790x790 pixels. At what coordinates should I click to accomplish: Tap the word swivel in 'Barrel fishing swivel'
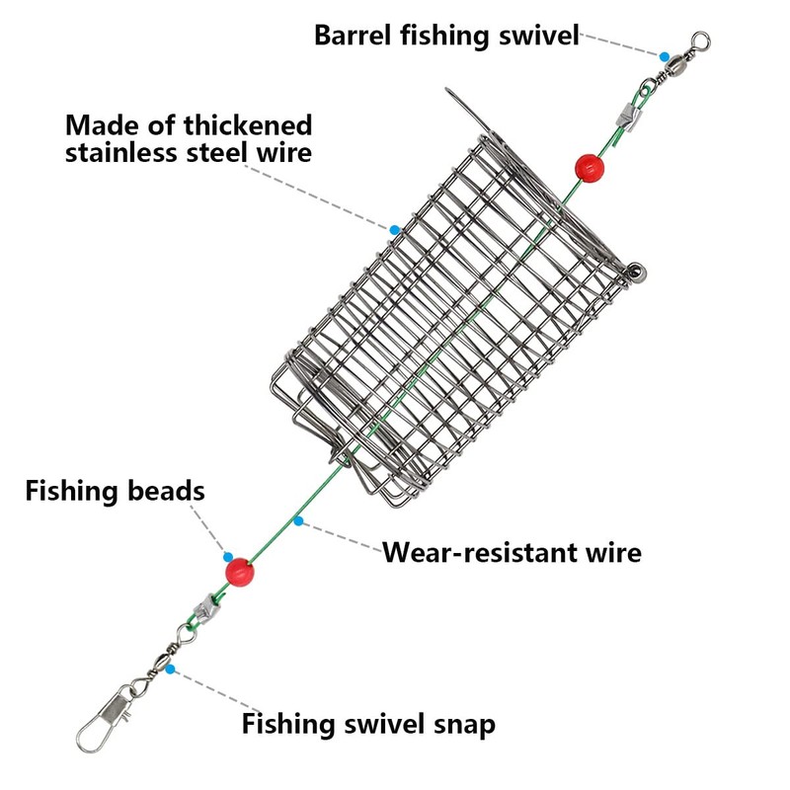(538, 36)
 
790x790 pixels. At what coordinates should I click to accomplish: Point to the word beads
(166, 490)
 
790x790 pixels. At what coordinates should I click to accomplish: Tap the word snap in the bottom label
(464, 724)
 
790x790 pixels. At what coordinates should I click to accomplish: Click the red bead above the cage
(590, 168)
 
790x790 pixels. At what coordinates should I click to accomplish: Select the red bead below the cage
(239, 573)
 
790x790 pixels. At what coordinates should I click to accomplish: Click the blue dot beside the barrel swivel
(665, 56)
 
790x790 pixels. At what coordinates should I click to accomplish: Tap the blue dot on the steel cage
(394, 230)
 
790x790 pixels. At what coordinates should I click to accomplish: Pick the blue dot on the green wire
(299, 521)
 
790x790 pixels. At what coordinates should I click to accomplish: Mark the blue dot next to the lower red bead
(228, 557)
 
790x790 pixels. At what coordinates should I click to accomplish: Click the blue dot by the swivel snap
(170, 670)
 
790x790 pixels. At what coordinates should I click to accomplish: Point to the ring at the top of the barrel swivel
(700, 40)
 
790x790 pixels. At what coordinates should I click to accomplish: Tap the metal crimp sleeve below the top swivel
(629, 118)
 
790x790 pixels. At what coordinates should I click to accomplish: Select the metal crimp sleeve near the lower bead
(206, 607)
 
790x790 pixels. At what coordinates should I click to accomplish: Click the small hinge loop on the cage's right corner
(636, 273)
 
